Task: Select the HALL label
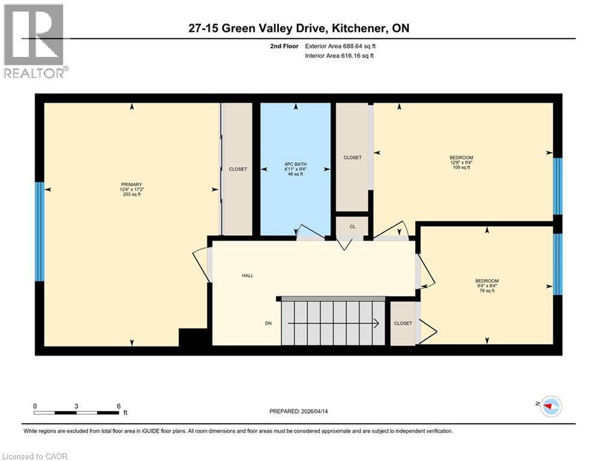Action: (247, 276)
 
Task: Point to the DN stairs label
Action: (268, 324)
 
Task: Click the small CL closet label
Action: (352, 227)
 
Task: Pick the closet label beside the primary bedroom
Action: (238, 169)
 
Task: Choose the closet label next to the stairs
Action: (403, 324)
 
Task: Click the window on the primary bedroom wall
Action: (40, 232)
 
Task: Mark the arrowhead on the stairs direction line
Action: (376, 324)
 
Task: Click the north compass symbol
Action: (550, 406)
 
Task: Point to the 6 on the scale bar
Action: (119, 406)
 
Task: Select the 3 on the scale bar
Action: (77, 406)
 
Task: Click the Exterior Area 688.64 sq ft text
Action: (340, 46)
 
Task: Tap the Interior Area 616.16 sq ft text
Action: (340, 56)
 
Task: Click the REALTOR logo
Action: (34, 41)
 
